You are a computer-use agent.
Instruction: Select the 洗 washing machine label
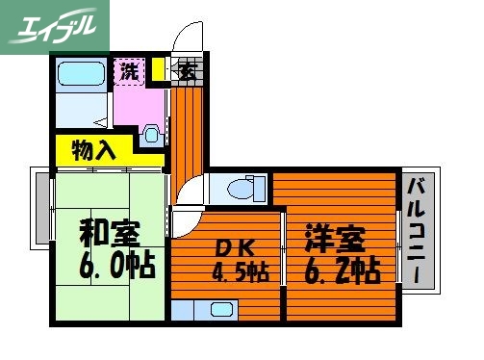(x=129, y=69)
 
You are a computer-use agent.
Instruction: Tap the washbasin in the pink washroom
(x=151, y=133)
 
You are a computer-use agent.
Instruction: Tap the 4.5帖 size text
(x=240, y=272)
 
